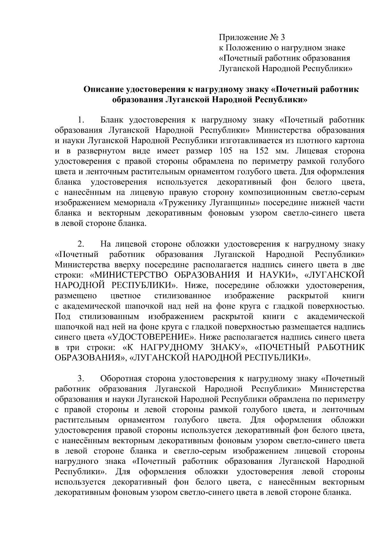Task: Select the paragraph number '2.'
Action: point(81,244)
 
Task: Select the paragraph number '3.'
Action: point(81,379)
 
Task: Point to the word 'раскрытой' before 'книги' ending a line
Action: point(308,296)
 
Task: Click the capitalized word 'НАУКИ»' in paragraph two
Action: point(278,275)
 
